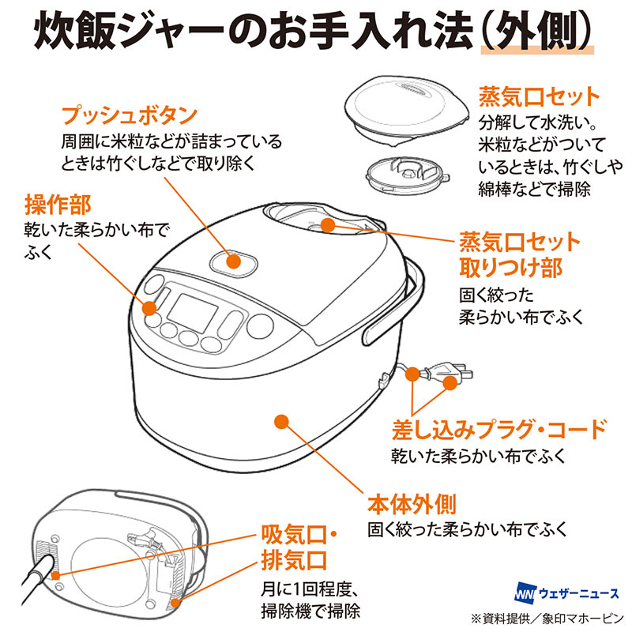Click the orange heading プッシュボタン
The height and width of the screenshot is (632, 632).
coord(129,116)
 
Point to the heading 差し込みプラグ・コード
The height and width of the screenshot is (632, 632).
coord(499,431)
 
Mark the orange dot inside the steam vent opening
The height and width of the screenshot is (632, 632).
coord(329,226)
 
